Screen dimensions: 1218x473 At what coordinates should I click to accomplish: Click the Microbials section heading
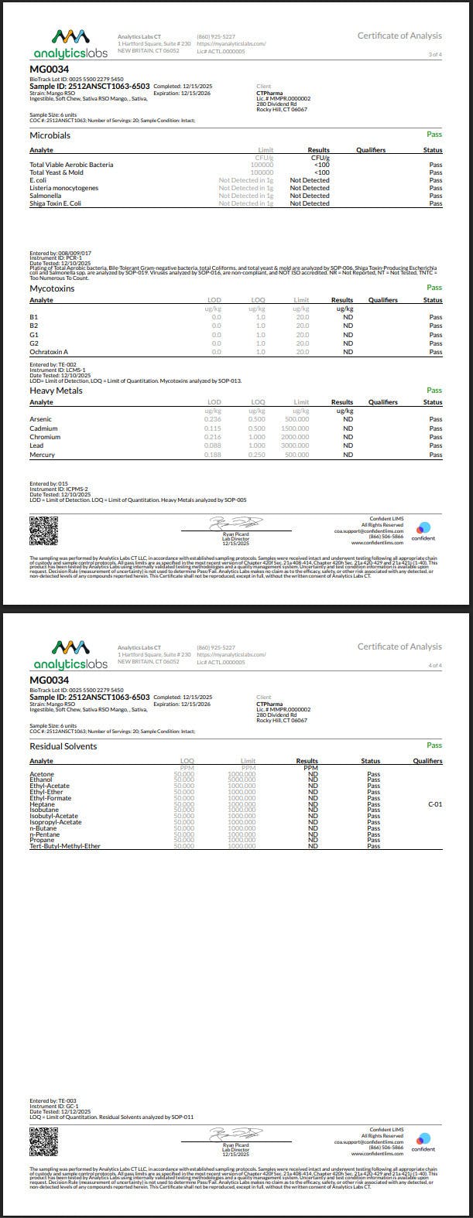tap(50, 135)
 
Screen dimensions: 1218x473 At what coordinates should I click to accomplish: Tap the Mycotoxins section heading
tap(52, 288)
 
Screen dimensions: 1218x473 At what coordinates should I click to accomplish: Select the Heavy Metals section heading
tap(55, 391)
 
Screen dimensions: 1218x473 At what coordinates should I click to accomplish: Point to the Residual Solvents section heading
tap(63, 746)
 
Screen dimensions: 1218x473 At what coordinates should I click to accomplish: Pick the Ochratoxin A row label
tap(49, 352)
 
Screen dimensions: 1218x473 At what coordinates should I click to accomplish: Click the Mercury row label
tap(42, 455)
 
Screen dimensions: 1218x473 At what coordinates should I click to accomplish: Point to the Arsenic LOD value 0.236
tap(212, 420)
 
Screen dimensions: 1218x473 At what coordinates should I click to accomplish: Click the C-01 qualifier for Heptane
tap(435, 804)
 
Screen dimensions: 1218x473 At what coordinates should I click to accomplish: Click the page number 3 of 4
tap(435, 54)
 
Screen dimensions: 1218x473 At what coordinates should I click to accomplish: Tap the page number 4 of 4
tap(435, 665)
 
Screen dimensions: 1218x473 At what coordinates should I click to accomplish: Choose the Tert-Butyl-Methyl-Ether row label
tap(65, 846)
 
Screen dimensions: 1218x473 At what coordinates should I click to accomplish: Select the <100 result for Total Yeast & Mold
tap(321, 172)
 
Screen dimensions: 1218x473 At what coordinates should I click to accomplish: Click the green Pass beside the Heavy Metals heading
tap(434, 391)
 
